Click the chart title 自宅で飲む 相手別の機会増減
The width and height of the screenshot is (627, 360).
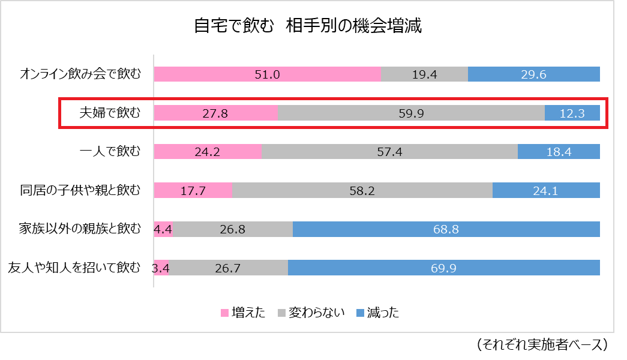(x=308, y=27)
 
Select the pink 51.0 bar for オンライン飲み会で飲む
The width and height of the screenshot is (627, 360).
(x=268, y=74)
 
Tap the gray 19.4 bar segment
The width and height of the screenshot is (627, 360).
(x=424, y=74)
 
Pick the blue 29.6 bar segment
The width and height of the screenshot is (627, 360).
(x=533, y=74)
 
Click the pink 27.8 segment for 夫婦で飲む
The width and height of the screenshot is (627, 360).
(x=216, y=113)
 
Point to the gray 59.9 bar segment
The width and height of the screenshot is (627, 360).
(x=411, y=113)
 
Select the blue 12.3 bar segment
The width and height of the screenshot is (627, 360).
(x=572, y=113)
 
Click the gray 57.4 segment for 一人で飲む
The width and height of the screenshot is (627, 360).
(x=389, y=152)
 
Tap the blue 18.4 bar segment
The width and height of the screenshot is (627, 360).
(x=559, y=152)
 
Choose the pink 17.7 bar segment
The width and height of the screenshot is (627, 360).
(x=193, y=191)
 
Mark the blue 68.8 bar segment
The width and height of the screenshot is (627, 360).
(x=446, y=229)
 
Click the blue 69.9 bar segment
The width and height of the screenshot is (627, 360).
(x=443, y=268)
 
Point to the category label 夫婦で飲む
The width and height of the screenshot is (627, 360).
(x=110, y=113)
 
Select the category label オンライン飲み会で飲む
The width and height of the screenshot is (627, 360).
(x=80, y=74)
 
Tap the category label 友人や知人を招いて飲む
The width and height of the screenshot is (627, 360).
(x=74, y=268)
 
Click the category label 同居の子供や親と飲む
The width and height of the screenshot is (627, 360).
(x=80, y=191)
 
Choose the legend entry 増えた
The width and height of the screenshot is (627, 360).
(x=243, y=313)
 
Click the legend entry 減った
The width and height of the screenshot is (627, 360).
(x=377, y=313)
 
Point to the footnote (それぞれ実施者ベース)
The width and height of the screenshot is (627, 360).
(x=542, y=344)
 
